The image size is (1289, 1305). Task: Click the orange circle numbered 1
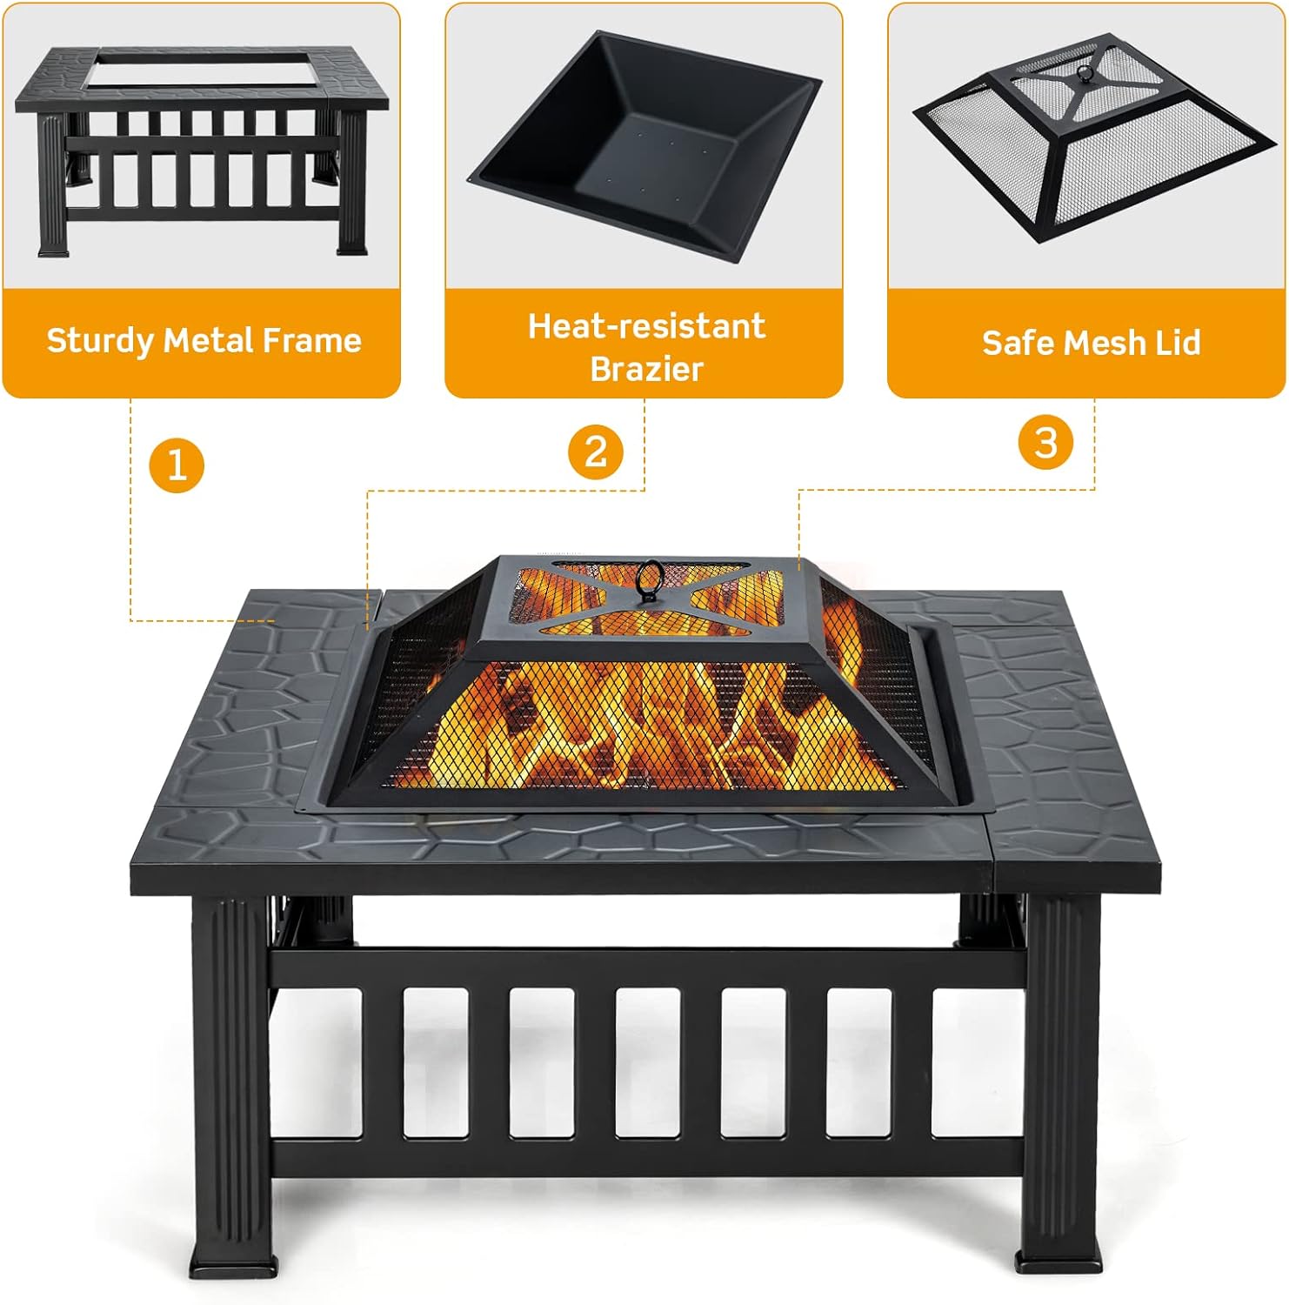[177, 465]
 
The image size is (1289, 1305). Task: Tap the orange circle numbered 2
[596, 452]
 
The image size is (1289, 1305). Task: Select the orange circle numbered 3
[1045, 442]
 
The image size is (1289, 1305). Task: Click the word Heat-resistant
[646, 326]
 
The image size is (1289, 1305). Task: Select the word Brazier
[646, 369]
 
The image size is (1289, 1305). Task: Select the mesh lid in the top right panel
[1092, 139]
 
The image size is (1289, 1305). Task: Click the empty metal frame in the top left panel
[202, 148]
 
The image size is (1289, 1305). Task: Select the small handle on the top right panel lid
[1084, 74]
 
